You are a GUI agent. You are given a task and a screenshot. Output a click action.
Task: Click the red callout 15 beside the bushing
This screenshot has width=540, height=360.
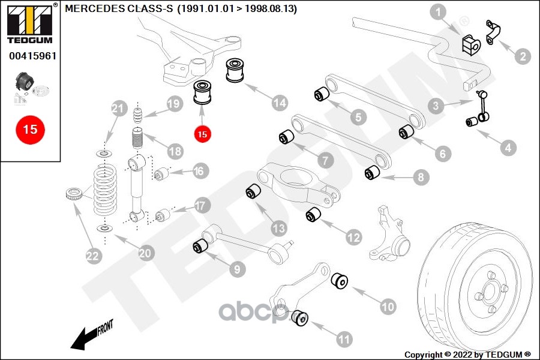pos(203,134)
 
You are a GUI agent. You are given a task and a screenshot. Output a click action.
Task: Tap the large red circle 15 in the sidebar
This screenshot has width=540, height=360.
pos(30,130)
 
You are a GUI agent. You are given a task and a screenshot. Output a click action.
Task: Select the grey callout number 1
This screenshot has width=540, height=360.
pos(438,13)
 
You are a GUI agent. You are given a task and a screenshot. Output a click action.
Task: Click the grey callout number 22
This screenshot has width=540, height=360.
pos(92,256)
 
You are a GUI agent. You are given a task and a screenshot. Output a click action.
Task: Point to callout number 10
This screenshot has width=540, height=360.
pos(388,306)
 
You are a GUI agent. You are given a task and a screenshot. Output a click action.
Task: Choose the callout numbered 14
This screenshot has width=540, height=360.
pos(279,103)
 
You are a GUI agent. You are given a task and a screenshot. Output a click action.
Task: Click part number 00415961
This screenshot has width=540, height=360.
pos(33,56)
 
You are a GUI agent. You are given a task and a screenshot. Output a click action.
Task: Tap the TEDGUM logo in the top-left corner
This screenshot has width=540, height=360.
pos(30,23)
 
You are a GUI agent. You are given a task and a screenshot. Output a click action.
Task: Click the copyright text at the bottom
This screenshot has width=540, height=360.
pos(467,355)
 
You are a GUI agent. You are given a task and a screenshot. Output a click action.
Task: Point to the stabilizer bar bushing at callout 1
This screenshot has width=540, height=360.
pos(471,45)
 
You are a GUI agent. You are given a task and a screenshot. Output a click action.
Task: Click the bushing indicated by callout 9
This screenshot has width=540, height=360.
pos(200,245)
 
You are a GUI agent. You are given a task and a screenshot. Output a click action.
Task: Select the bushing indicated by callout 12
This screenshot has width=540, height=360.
pos(313,215)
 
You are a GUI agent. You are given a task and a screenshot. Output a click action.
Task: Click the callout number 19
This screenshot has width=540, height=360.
pos(175,104)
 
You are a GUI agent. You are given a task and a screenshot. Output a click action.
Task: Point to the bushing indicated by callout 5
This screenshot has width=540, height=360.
pos(322,94)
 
